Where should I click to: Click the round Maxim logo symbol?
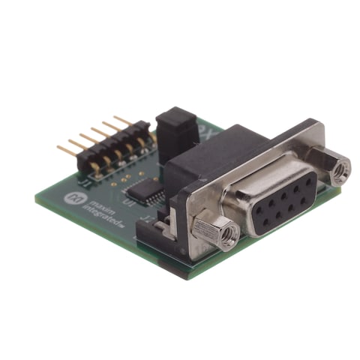click(x=75, y=197)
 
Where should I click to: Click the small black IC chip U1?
click(x=142, y=187)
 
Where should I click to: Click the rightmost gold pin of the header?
click(x=120, y=121)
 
